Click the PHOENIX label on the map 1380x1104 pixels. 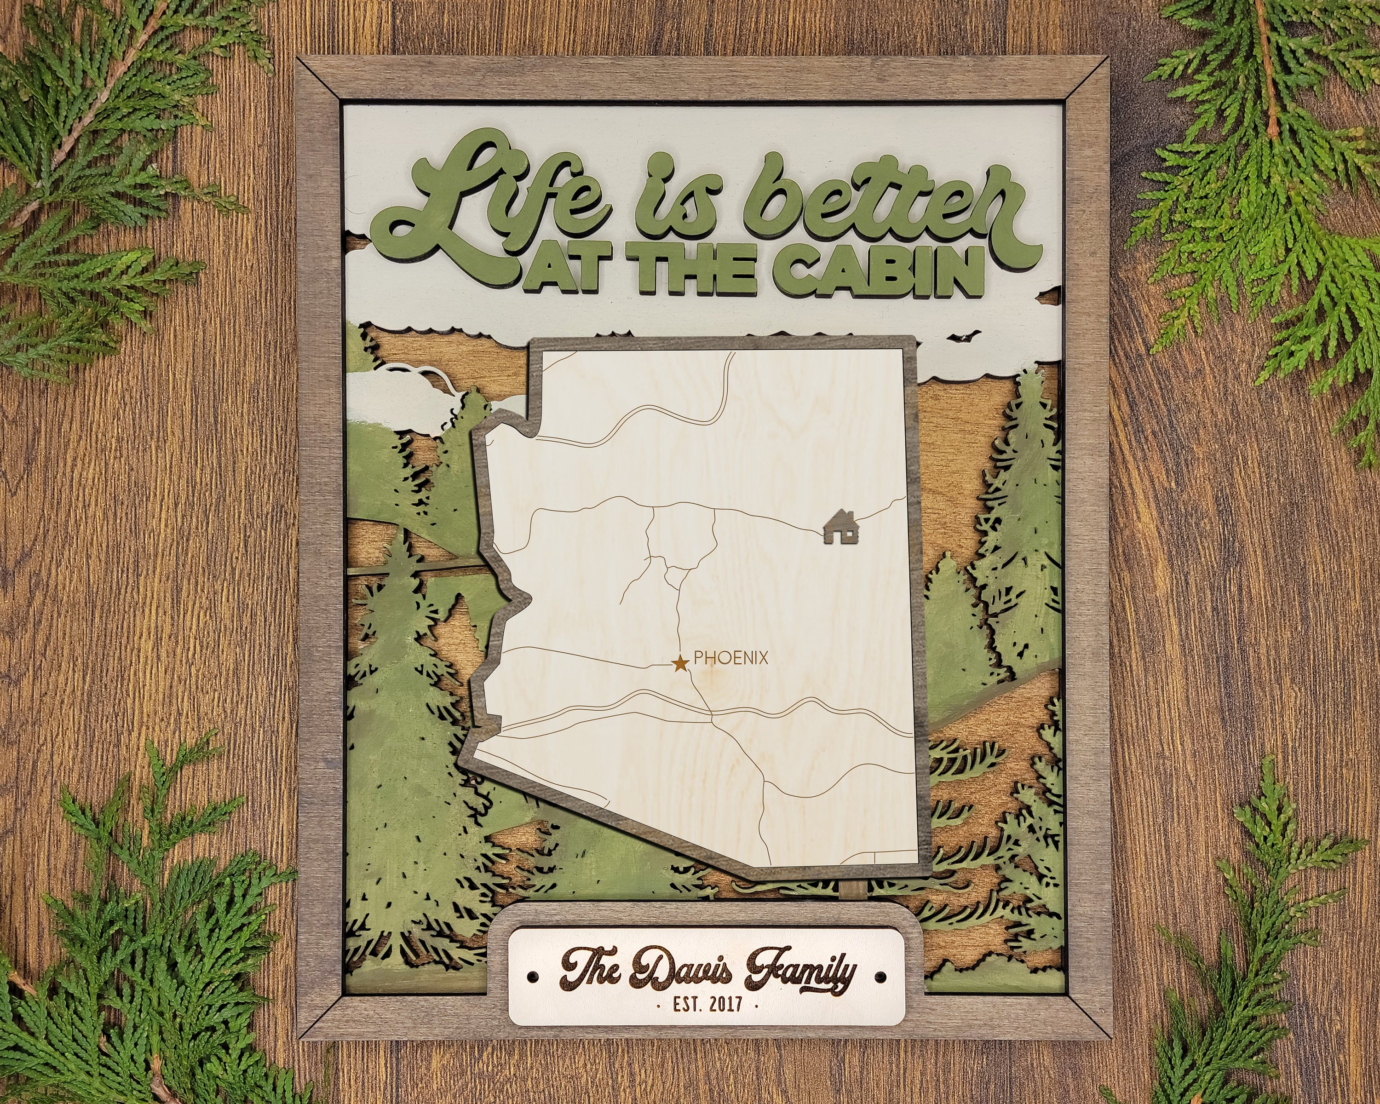click(730, 657)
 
